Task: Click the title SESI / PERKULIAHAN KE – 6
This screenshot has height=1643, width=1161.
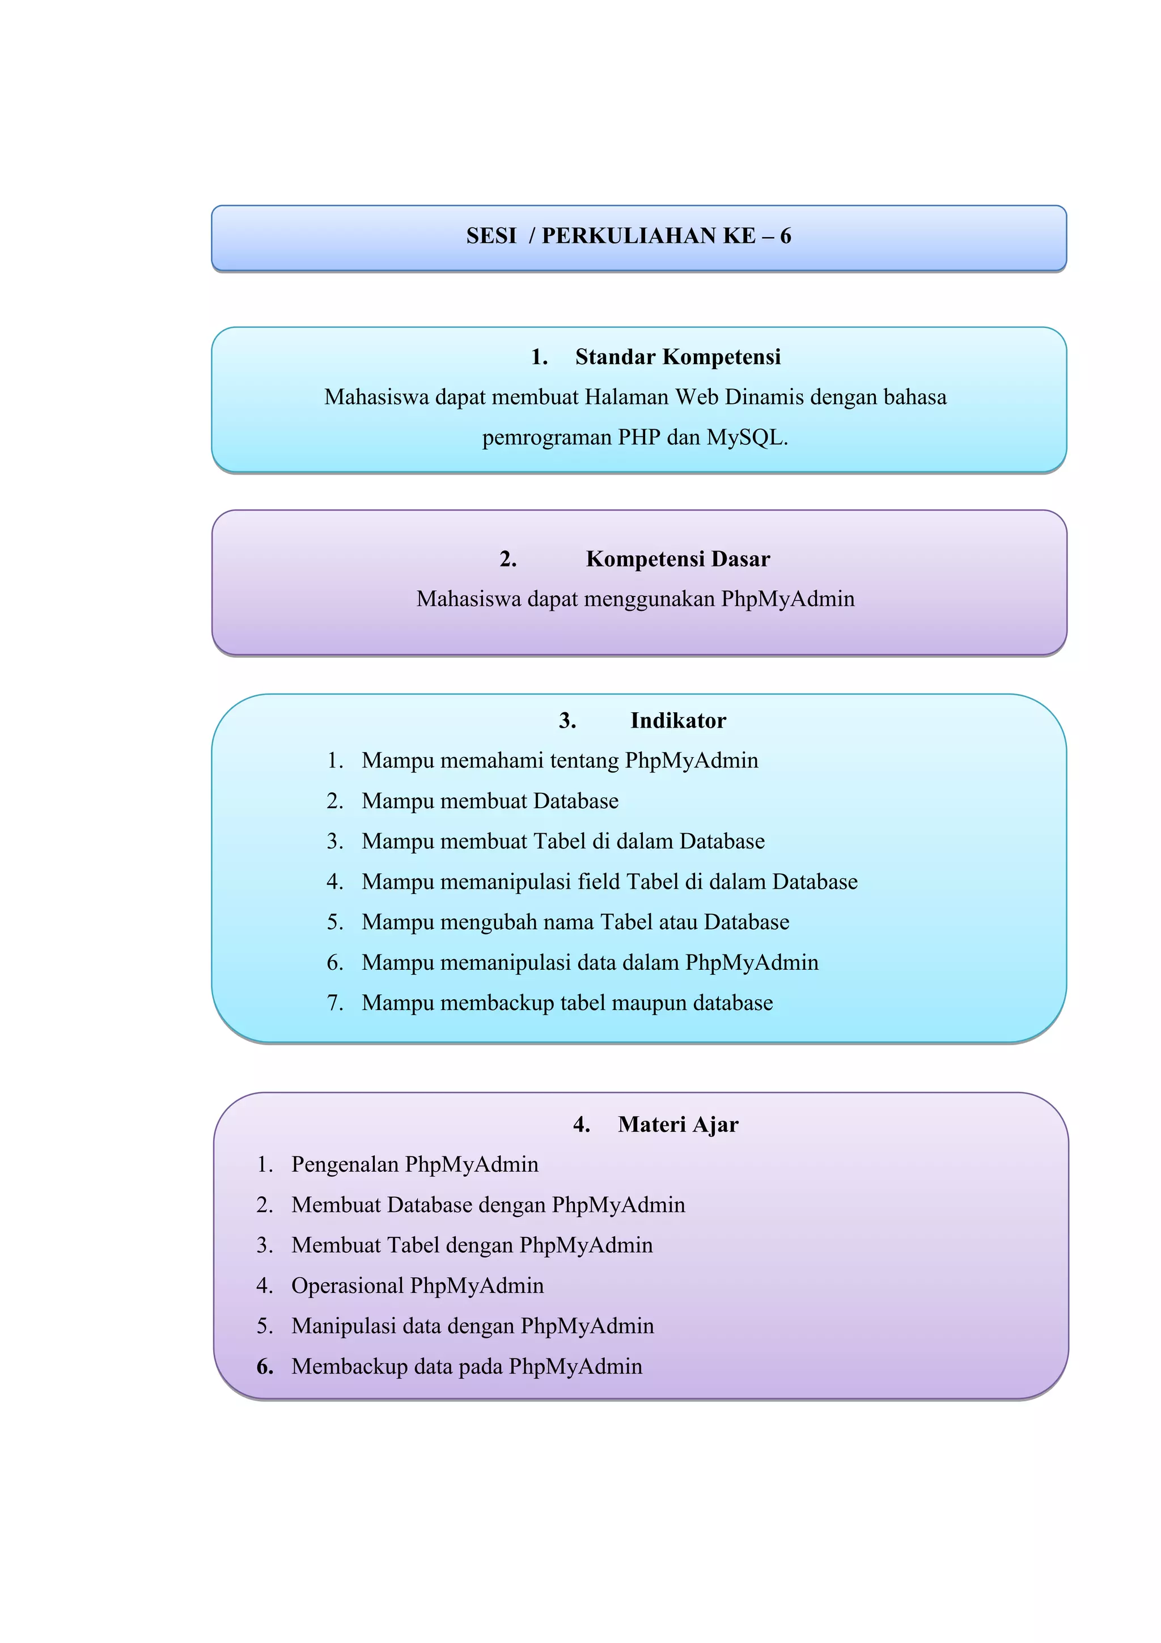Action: [x=628, y=235]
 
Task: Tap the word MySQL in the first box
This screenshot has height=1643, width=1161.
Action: [x=745, y=437]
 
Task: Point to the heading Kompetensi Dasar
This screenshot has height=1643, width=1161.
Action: [x=677, y=558]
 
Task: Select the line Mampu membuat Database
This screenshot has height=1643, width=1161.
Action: [x=489, y=801]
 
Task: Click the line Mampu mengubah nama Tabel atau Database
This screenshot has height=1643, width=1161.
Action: [x=575, y=922]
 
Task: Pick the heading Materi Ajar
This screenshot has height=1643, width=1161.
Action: [x=677, y=1124]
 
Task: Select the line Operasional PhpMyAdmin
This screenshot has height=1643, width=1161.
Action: [x=417, y=1285]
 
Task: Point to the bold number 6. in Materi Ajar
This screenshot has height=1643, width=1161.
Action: [x=265, y=1366]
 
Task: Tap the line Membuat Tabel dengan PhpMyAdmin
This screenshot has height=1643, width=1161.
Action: [x=472, y=1245]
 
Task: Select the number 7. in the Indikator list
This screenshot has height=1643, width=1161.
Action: [x=335, y=1003]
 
